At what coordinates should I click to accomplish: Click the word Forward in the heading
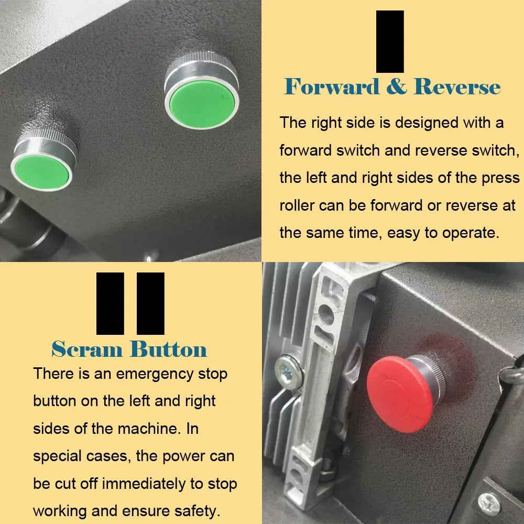[x=332, y=87]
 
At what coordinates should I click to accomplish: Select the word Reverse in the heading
[x=457, y=87]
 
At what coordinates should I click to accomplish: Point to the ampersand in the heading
[x=397, y=86]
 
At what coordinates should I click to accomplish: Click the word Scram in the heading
[x=87, y=350]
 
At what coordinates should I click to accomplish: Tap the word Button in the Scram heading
[x=168, y=350]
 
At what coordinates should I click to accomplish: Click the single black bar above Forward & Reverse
[x=390, y=41]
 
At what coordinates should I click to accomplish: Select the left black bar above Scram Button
[x=110, y=303]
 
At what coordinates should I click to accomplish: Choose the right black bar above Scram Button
[x=150, y=303]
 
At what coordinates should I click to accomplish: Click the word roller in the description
[x=297, y=205]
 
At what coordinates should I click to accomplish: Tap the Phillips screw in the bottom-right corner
[x=489, y=504]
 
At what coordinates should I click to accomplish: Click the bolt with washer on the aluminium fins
[x=288, y=372]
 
